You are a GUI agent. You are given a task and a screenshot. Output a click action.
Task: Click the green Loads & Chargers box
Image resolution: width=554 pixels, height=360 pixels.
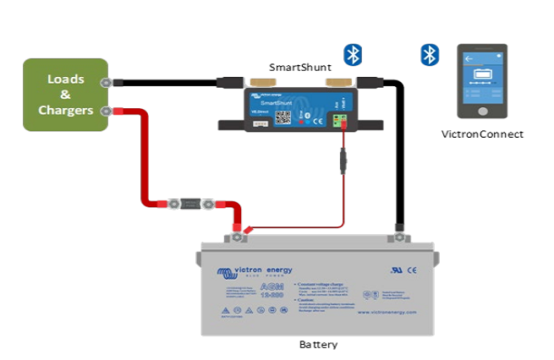tap(65, 95)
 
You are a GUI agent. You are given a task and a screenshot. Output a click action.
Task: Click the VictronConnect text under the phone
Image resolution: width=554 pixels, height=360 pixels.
tap(482, 134)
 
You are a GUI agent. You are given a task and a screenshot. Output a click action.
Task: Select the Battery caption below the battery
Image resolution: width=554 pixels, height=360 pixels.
tap(320, 345)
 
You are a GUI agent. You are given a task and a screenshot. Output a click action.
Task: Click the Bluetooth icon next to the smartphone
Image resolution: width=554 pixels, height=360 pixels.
tap(430, 56)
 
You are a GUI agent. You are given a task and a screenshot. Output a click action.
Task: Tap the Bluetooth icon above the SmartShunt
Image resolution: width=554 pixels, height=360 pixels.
tap(353, 55)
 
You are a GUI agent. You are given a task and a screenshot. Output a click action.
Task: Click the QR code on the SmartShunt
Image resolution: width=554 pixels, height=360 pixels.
tap(283, 117)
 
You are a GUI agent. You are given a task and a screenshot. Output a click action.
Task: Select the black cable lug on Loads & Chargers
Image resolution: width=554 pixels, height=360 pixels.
tap(107, 83)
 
